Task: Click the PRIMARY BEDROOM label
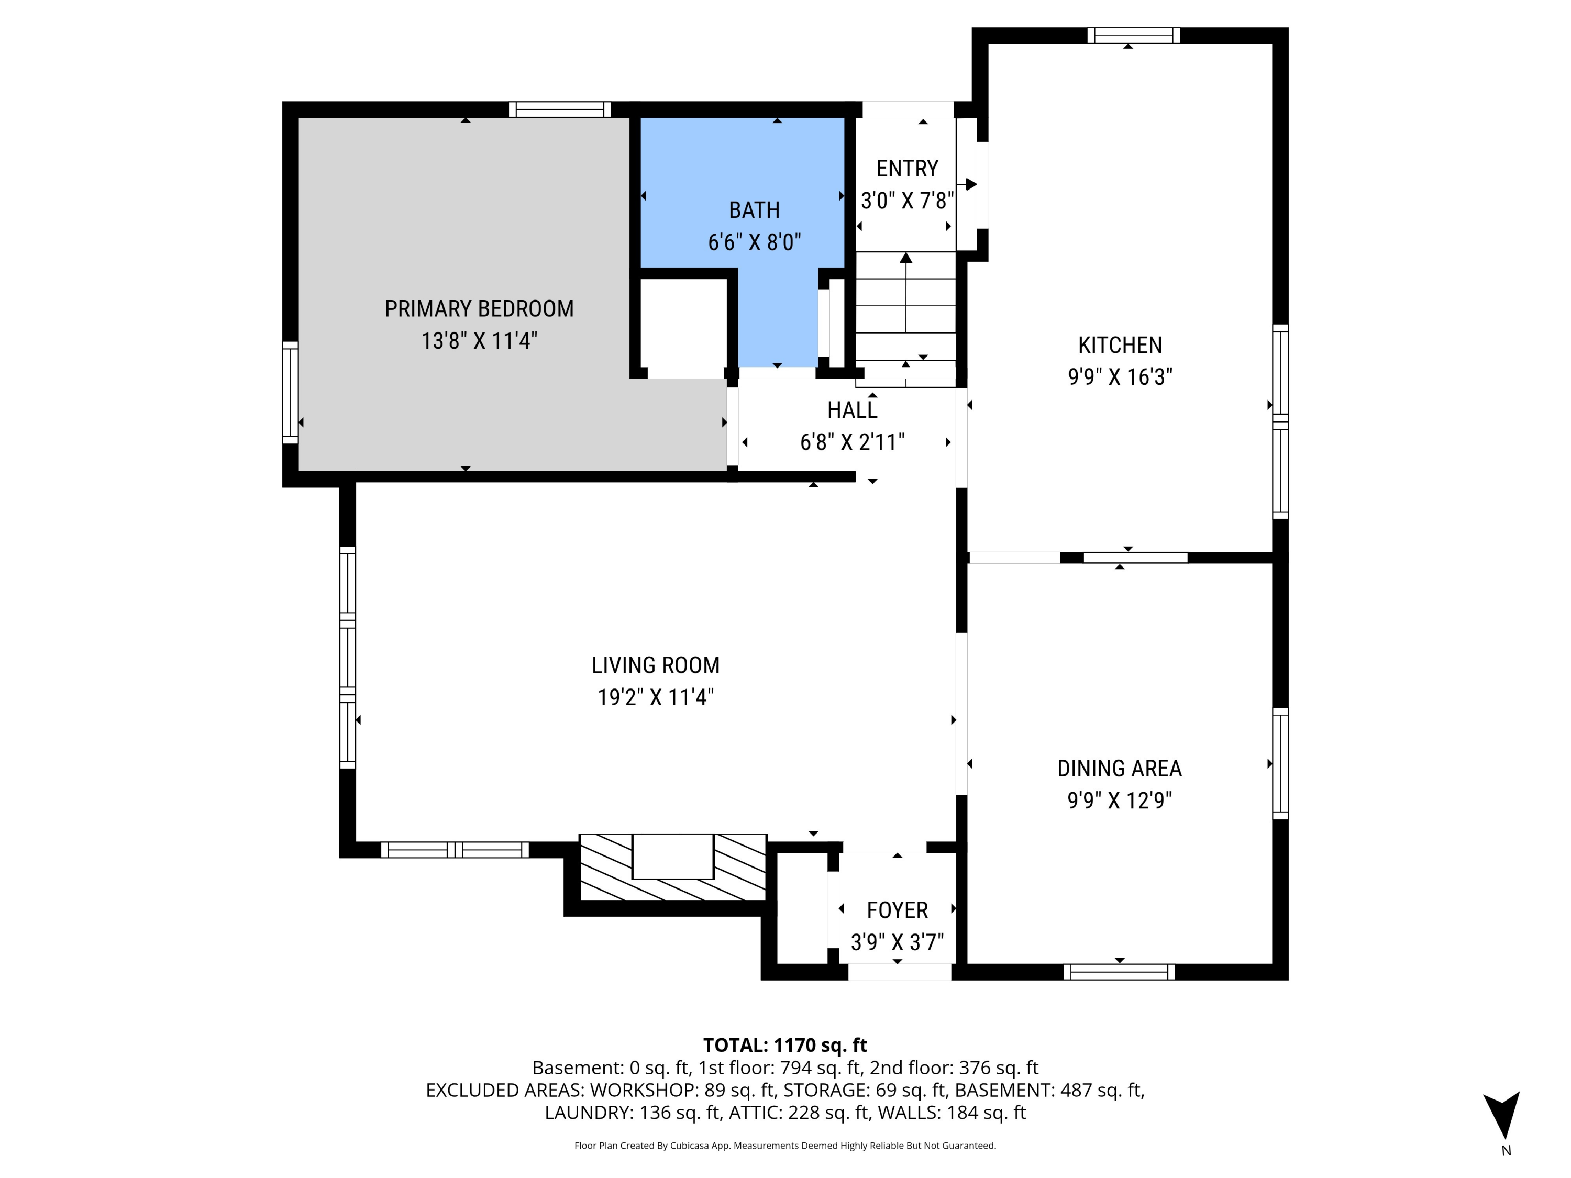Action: [479, 309]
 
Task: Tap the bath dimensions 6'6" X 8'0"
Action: [754, 243]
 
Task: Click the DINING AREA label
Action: [1119, 768]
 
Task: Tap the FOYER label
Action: [897, 910]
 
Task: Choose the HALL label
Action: [851, 410]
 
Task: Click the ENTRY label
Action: [907, 169]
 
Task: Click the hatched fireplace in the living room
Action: [672, 867]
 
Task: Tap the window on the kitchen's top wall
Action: [1134, 36]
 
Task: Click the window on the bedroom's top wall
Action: [560, 109]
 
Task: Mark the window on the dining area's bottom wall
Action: [1119, 972]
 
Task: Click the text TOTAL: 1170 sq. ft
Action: [785, 1045]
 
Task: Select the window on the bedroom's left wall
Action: [290, 392]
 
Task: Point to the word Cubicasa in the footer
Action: [690, 1146]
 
